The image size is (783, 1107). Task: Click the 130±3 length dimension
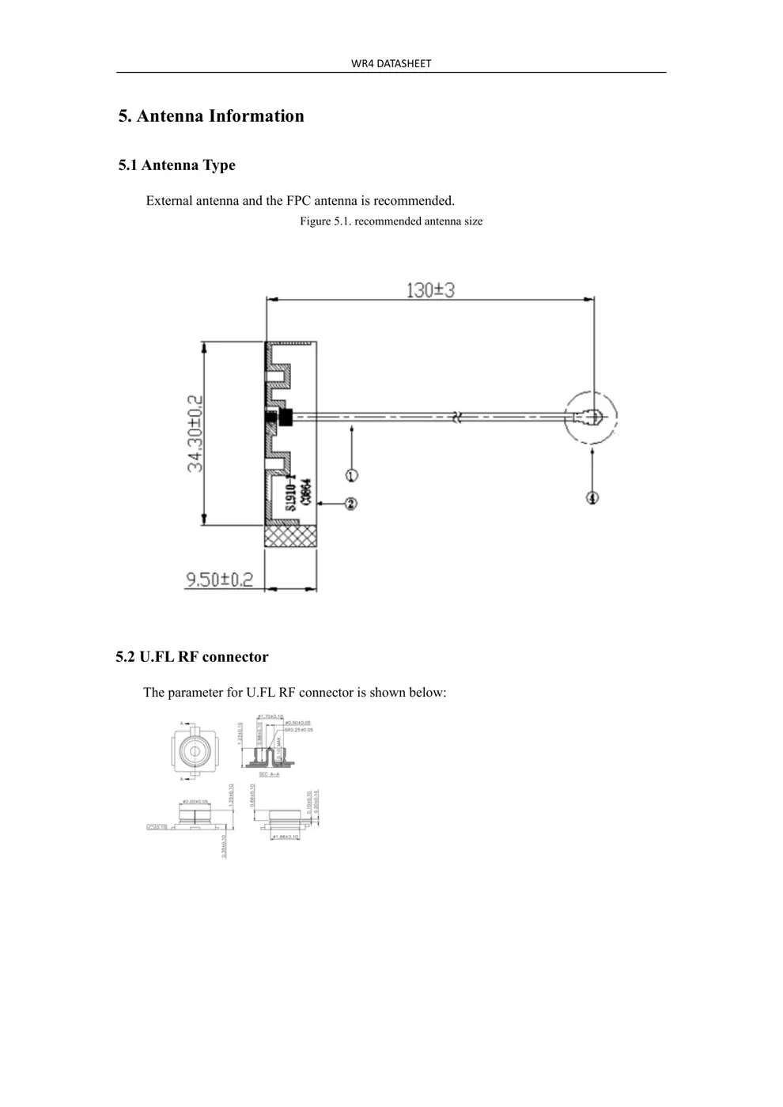click(x=430, y=290)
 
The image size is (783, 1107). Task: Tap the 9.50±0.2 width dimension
click(x=220, y=580)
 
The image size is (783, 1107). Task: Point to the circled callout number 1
click(x=351, y=475)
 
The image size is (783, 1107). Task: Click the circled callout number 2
click(x=351, y=503)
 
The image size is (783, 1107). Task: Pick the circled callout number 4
click(x=592, y=497)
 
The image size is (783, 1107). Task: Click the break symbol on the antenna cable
click(x=456, y=416)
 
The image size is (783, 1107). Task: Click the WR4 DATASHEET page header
click(x=391, y=63)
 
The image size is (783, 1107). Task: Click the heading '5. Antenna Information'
click(x=211, y=116)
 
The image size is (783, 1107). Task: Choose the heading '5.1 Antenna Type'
click(x=177, y=165)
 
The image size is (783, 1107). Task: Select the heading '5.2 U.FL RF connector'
click(x=192, y=657)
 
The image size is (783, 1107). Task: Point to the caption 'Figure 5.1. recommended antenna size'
click(x=391, y=221)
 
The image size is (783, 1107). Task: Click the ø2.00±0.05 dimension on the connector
click(x=195, y=802)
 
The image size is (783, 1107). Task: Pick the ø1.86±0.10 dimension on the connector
click(x=286, y=837)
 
